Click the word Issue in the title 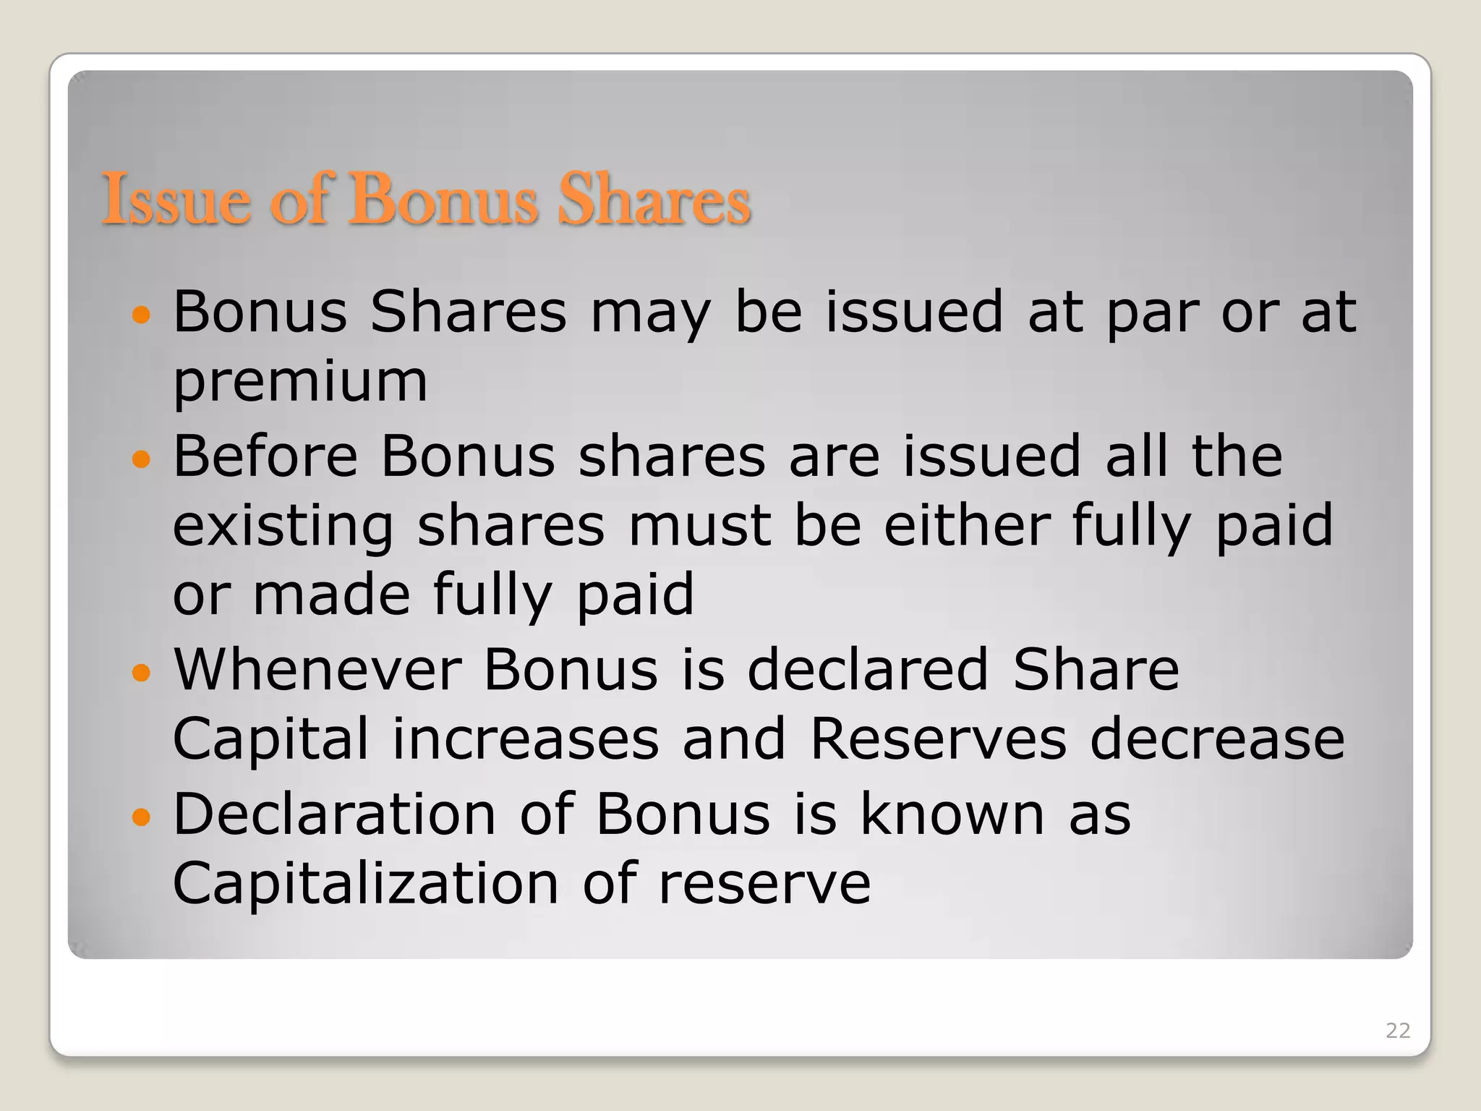(176, 200)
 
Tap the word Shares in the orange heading (654, 200)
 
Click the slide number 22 (1398, 1031)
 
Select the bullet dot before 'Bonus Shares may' (142, 315)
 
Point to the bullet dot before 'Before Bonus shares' (142, 459)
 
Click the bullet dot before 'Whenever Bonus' (142, 673)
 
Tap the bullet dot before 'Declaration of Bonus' (142, 817)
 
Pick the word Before (265, 456)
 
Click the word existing (283, 527)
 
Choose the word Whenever (317, 671)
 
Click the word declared (867, 671)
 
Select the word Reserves (938, 740)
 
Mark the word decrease (1217, 740)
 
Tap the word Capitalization (366, 885)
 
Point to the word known (952, 815)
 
